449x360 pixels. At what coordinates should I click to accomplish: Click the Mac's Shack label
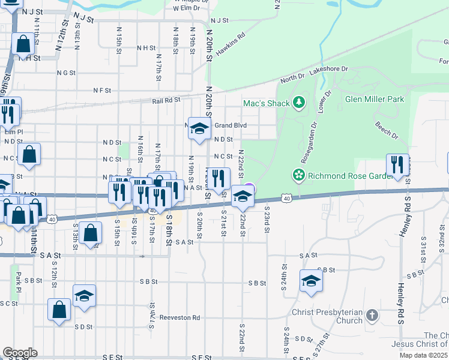coord(267,103)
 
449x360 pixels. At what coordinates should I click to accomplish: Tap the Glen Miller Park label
coord(375,99)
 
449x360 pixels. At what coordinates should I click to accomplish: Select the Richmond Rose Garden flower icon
coord(298,176)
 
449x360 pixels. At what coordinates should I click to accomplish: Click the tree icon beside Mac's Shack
coord(299,103)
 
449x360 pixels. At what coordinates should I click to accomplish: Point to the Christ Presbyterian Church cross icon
coord(372,314)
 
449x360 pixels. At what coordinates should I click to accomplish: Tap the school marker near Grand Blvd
coord(199,128)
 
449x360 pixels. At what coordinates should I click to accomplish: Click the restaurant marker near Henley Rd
coord(397,164)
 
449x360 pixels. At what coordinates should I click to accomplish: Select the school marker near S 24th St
coord(311,281)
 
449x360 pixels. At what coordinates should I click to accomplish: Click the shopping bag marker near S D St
coord(59,310)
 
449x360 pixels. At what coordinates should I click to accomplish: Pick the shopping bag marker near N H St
coord(23,43)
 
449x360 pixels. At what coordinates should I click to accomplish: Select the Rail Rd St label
coord(166,101)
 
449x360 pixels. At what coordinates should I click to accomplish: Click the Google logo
coord(19,352)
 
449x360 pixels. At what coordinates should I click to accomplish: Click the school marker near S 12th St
coord(85,295)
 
